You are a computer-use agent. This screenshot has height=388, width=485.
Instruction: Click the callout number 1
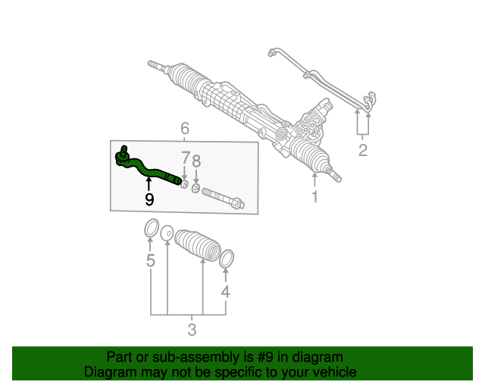point(314,198)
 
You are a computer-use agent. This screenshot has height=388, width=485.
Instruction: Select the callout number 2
point(363,150)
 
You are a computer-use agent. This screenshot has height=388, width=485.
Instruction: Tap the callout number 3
point(192,330)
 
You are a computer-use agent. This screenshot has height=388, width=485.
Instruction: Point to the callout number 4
point(225,292)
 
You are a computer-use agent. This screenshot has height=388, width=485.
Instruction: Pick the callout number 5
point(150,261)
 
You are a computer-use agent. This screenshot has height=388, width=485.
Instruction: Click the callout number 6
point(184,128)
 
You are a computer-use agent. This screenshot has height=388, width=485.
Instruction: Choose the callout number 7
point(185,158)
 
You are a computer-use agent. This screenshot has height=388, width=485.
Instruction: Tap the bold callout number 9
point(149,199)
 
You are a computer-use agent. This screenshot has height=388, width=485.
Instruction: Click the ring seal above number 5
point(151,227)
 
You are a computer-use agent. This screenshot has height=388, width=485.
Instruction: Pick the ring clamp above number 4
point(226,259)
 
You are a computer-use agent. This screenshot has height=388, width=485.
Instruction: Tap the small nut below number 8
point(195,188)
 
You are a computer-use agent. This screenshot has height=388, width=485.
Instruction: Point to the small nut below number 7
point(185,183)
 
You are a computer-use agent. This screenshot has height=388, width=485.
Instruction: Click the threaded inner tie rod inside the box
point(222,199)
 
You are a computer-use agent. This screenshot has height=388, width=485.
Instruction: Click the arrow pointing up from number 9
point(149,182)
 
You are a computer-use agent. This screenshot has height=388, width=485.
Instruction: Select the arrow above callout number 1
point(314,180)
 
